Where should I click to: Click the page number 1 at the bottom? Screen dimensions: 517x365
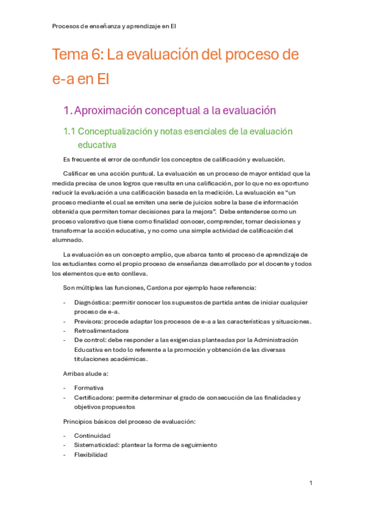311,483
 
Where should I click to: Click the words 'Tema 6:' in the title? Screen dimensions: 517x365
78,55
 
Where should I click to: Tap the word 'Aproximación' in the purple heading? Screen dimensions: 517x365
109,110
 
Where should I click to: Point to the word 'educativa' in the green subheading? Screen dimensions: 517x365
97,145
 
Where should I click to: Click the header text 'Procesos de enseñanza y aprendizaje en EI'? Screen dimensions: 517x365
115,26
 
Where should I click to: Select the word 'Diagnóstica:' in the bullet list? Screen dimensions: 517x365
93,302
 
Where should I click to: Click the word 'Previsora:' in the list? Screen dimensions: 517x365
89,321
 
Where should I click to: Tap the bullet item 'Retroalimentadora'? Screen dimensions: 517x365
101,330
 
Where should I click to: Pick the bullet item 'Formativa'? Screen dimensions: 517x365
89,388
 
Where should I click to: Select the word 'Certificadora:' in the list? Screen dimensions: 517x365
94,398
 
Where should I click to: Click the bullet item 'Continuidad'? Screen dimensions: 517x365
92,435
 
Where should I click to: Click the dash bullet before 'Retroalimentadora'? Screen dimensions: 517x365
65,330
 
